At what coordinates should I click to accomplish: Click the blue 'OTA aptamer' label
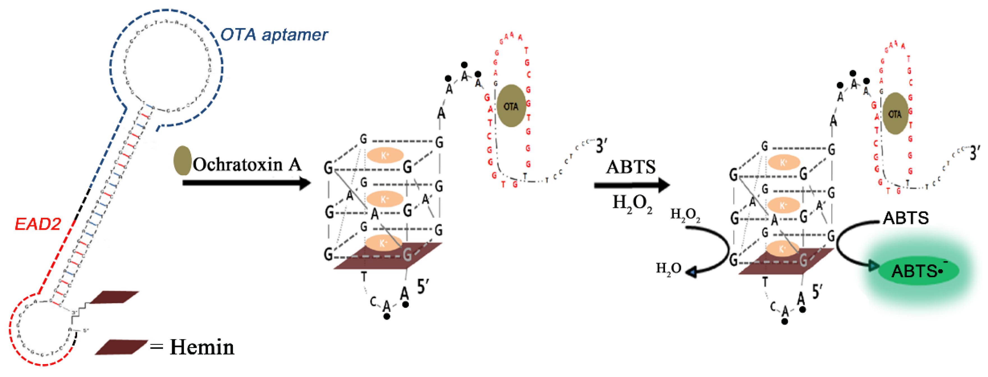[274, 35]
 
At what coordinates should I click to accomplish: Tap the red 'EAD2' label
[38, 224]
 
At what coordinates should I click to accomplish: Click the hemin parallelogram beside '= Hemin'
[121, 347]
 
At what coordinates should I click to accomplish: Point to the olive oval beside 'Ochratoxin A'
[182, 160]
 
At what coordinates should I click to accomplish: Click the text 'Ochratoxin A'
[247, 164]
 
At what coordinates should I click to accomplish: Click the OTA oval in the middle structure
[511, 106]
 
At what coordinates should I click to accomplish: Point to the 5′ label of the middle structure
[423, 286]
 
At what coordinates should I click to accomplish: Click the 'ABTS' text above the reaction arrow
[631, 167]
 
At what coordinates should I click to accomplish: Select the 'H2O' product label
[668, 268]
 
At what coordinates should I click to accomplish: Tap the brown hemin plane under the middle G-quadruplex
[388, 256]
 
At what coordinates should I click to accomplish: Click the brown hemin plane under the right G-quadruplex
[786, 262]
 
